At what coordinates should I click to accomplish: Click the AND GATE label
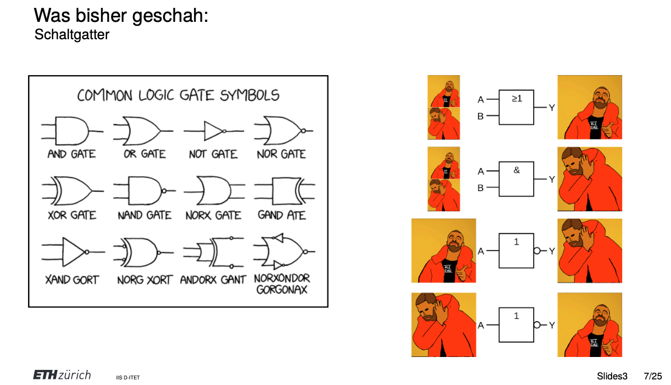(x=71, y=154)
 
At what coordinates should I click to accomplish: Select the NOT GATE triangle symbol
(x=214, y=131)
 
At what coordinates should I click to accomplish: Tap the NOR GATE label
(x=281, y=154)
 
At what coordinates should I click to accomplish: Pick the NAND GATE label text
(x=144, y=215)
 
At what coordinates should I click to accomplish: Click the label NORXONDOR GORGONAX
(x=282, y=284)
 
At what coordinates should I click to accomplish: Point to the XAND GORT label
(x=71, y=279)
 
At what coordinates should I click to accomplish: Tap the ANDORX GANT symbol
(x=213, y=252)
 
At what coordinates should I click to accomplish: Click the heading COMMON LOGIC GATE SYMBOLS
(x=178, y=95)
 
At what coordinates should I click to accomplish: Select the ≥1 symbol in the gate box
(x=516, y=98)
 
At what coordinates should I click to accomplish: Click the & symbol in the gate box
(x=516, y=170)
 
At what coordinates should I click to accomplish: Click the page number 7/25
(x=653, y=375)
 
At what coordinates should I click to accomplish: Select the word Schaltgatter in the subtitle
(x=72, y=35)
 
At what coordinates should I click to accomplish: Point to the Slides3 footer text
(x=612, y=375)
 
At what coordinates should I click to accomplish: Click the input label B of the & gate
(x=480, y=188)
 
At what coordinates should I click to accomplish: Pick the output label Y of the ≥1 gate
(x=552, y=108)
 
